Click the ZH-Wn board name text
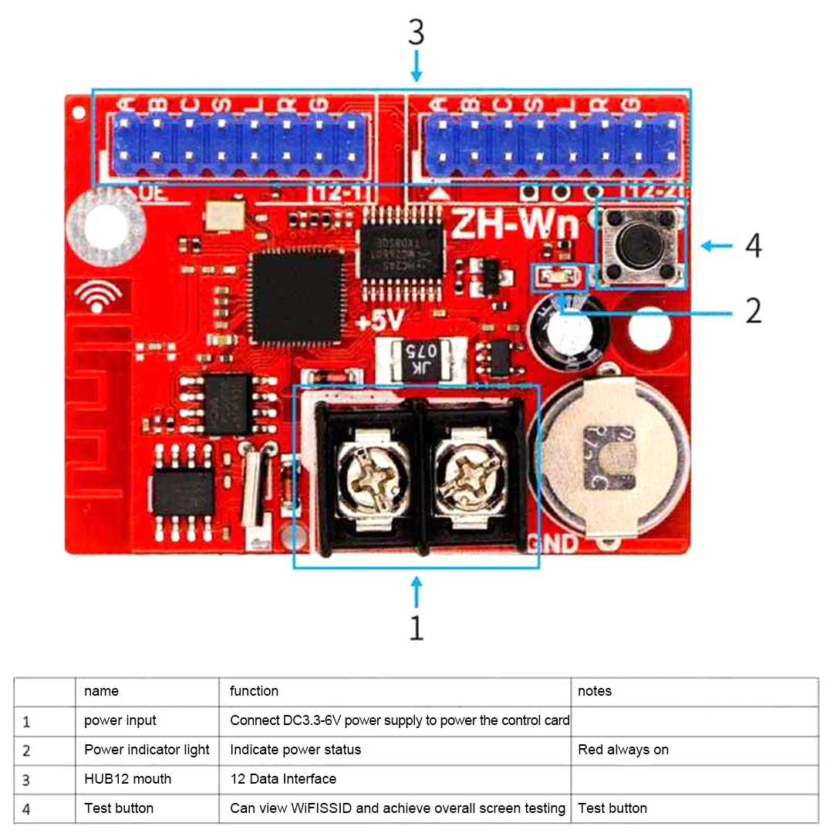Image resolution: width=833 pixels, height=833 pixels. (x=514, y=224)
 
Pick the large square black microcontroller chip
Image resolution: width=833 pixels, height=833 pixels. (x=298, y=295)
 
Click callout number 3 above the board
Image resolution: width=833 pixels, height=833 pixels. (x=416, y=32)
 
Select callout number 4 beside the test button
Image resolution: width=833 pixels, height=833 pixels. (x=754, y=246)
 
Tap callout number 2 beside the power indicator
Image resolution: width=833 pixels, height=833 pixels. (x=754, y=311)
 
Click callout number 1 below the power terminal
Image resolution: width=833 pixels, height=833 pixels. (x=416, y=628)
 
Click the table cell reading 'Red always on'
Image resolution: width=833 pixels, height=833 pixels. (x=623, y=750)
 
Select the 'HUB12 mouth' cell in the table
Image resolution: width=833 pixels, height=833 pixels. (x=128, y=779)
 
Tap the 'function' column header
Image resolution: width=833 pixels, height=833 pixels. (x=255, y=691)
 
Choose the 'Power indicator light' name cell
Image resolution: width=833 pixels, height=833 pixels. (x=147, y=750)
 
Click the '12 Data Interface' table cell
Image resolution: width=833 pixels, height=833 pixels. (x=283, y=779)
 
